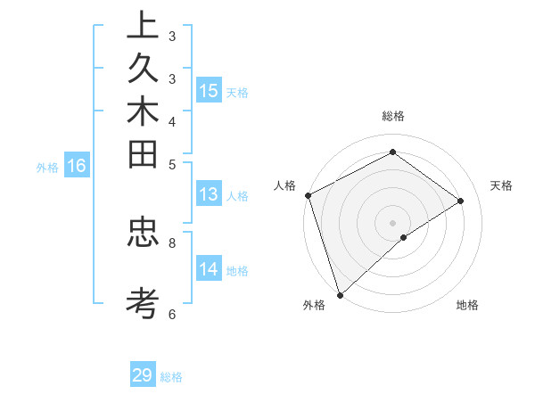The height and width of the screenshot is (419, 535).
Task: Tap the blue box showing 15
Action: (x=209, y=91)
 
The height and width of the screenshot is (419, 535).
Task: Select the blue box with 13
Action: (x=209, y=195)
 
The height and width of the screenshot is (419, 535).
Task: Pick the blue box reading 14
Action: (x=209, y=270)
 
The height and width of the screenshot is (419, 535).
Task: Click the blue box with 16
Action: (x=77, y=166)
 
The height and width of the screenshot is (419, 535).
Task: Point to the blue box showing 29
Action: (x=143, y=375)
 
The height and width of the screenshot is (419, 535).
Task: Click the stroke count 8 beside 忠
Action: (x=172, y=241)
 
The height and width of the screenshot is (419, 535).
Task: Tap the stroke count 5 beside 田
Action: (x=172, y=164)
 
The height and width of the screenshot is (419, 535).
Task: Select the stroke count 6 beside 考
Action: (x=172, y=314)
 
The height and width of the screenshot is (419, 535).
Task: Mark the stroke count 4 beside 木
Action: (x=172, y=121)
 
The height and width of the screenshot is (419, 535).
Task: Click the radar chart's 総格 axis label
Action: (x=392, y=116)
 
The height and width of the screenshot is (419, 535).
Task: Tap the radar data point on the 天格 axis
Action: (x=461, y=201)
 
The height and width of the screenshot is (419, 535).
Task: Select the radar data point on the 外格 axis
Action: (x=340, y=294)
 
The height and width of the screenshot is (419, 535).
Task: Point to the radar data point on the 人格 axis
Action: (x=308, y=195)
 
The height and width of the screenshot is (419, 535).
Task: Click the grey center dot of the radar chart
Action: (x=392, y=222)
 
